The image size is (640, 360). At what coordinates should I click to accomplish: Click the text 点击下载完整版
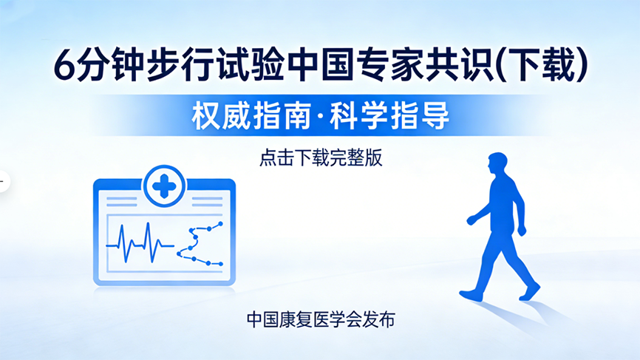click(x=320, y=158)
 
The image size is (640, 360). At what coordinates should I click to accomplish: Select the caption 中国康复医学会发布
click(x=321, y=319)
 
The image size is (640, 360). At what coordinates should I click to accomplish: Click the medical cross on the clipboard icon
click(x=164, y=185)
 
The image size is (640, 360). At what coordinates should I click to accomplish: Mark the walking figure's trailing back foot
click(x=531, y=291)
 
